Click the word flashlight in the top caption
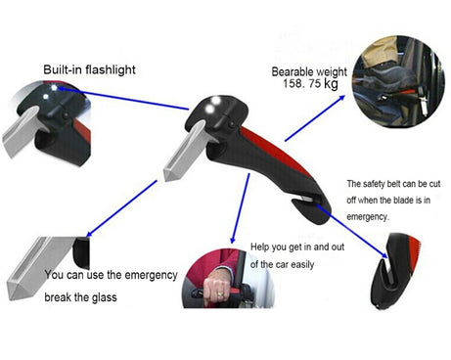(111, 69)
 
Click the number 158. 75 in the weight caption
(301, 83)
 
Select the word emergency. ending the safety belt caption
(368, 217)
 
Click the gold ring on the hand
(220, 293)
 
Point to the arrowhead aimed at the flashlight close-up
(62, 88)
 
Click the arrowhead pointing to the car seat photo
(341, 98)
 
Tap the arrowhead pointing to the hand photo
(232, 241)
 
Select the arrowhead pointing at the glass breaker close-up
(89, 234)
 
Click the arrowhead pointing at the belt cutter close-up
(385, 256)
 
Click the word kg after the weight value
(331, 84)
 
